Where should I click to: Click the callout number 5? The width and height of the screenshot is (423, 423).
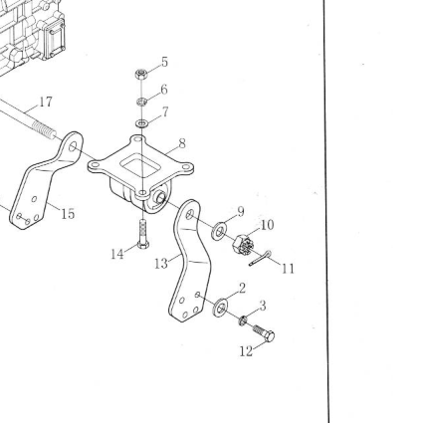coord(164,62)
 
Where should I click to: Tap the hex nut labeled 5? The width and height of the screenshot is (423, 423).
coord(141,74)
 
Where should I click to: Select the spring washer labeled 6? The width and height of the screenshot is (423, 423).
coord(142,102)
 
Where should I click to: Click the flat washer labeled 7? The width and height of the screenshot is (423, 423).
coord(142,123)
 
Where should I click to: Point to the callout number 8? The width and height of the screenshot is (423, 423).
coord(182,143)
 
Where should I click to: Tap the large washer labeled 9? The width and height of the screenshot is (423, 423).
coord(219,231)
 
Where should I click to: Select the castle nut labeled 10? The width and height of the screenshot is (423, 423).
coord(244,245)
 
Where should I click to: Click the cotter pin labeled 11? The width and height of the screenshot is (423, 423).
coord(260,259)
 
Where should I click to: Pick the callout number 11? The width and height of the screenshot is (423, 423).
coord(288,269)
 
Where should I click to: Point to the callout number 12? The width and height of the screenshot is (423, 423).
coord(246,351)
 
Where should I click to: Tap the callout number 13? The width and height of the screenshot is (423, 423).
coord(161,264)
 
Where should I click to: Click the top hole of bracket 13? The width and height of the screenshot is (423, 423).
coord(190,214)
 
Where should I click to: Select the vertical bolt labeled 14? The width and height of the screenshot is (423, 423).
coord(142,234)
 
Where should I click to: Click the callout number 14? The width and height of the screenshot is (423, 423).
coord(117,255)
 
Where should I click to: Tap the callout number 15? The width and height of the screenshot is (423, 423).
coord(68,214)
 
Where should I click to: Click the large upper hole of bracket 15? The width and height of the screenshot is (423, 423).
coord(73,146)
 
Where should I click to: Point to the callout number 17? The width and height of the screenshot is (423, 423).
coord(46,102)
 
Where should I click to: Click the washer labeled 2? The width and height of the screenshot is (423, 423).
coord(220,308)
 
